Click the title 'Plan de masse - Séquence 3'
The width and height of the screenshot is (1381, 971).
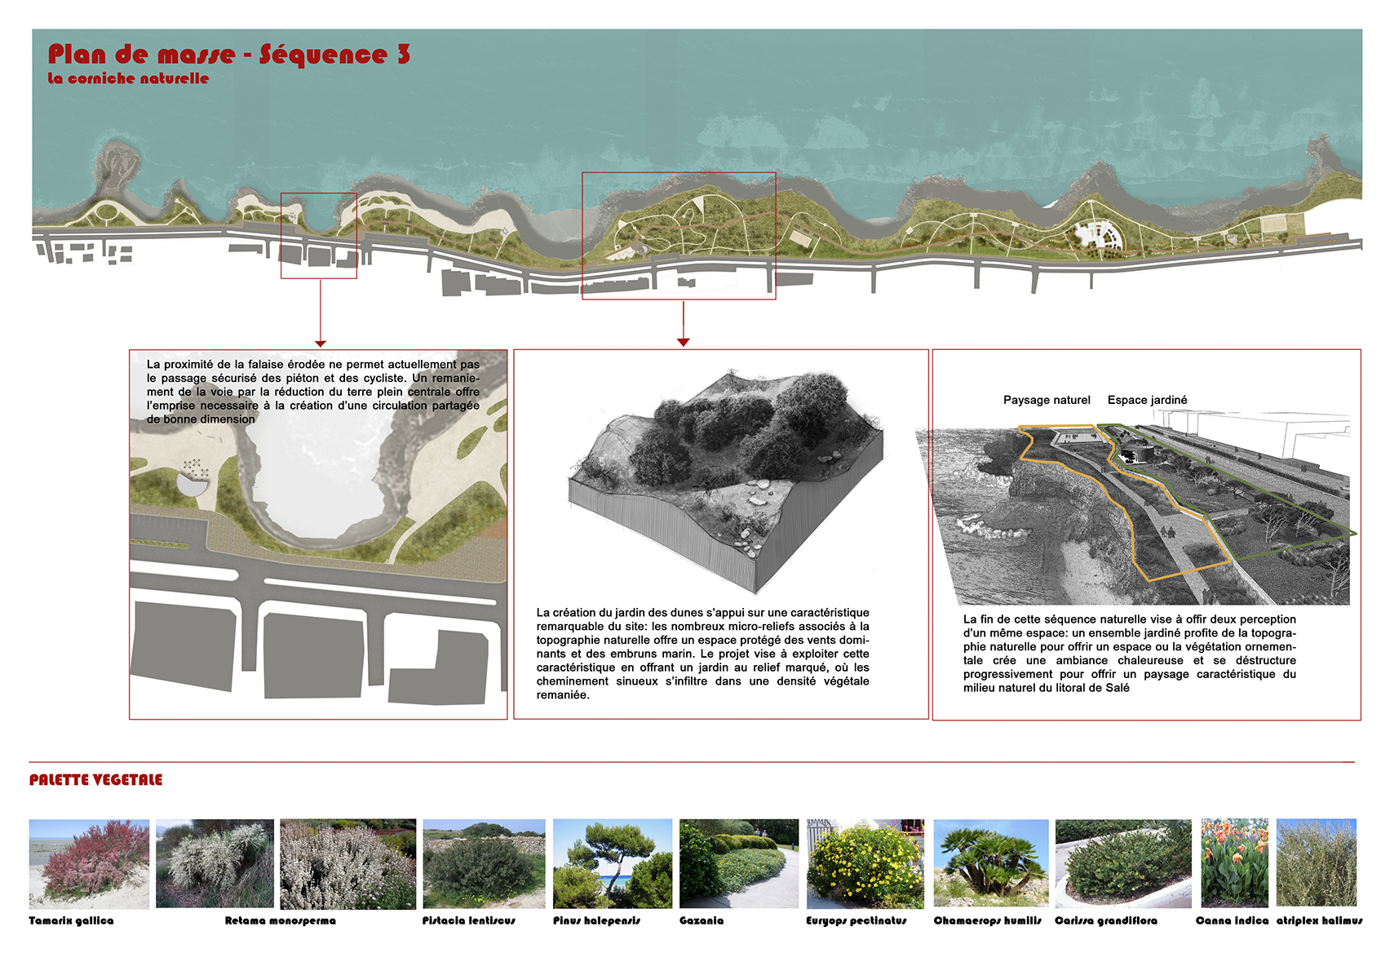[228, 55]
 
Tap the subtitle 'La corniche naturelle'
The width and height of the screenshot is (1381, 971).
[128, 78]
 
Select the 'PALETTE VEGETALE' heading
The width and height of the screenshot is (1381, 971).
[95, 780]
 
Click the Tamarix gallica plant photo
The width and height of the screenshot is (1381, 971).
[89, 863]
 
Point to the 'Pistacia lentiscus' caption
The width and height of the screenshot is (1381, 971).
[468, 920]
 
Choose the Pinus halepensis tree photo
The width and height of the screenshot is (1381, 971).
[613, 863]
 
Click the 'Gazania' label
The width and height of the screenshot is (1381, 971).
[701, 920]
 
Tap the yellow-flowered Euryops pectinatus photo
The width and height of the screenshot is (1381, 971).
[865, 863]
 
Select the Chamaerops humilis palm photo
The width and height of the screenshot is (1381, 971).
[991, 863]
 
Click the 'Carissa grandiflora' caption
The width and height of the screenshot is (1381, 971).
[1106, 920]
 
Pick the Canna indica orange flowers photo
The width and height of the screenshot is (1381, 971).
[1234, 863]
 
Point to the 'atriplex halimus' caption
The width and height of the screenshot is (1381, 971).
[1319, 920]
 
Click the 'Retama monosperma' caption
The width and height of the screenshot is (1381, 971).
[280, 920]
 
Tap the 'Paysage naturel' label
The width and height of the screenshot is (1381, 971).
[1047, 400]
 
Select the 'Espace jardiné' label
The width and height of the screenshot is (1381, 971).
[1148, 400]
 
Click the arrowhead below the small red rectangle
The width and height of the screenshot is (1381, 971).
[320, 343]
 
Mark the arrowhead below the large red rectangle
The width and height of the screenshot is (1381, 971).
[683, 342]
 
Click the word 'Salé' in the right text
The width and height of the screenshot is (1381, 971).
[1118, 688]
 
